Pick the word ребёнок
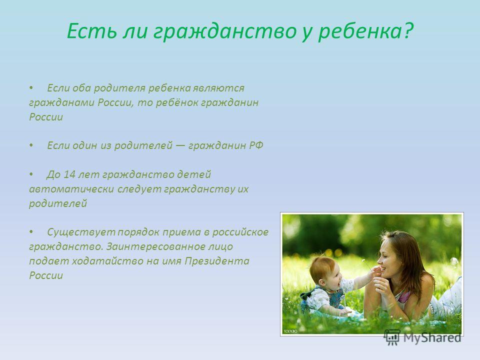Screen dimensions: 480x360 [x=177, y=102]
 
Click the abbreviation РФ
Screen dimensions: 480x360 [x=256, y=145]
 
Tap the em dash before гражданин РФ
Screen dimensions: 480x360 [x=180, y=145]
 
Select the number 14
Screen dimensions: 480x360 [x=69, y=174]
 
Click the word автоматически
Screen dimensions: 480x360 [x=71, y=189]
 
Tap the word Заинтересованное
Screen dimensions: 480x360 [x=169, y=246]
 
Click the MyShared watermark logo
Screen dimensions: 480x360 [x=422, y=337]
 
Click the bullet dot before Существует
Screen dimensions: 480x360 [x=31, y=232]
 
